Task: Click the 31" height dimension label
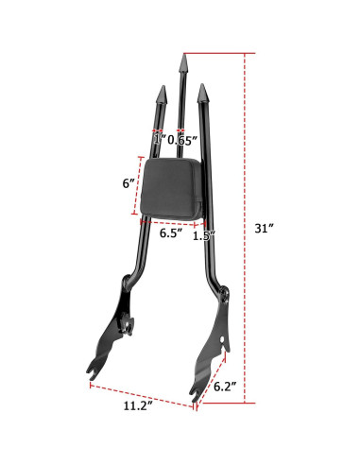click(266, 229)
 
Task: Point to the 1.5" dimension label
click(203, 235)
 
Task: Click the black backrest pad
click(172, 188)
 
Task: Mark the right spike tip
click(201, 93)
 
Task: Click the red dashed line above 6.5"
click(171, 223)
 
